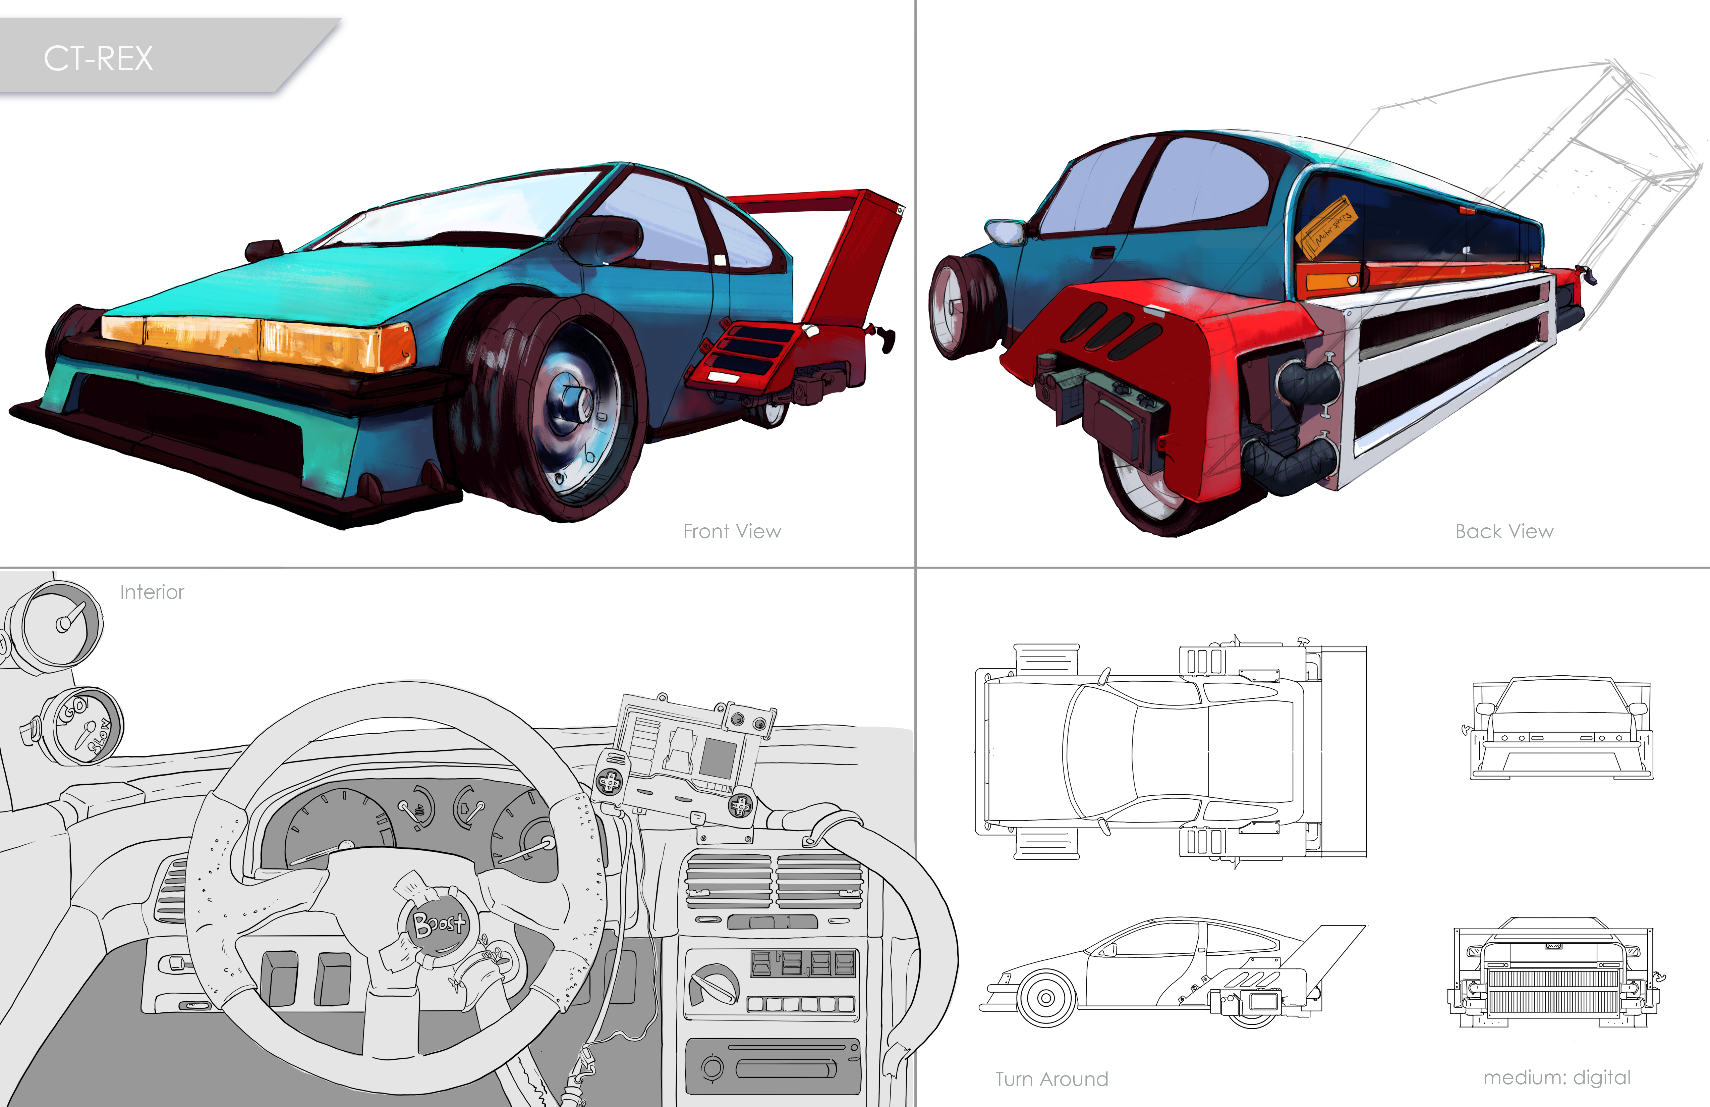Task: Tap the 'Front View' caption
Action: coord(731,531)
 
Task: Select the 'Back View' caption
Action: coord(1504,531)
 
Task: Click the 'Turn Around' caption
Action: coord(1051,1079)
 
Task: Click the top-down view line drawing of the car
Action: coord(1171,751)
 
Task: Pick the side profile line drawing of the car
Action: coord(1171,970)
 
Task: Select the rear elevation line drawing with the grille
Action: coord(1555,974)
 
